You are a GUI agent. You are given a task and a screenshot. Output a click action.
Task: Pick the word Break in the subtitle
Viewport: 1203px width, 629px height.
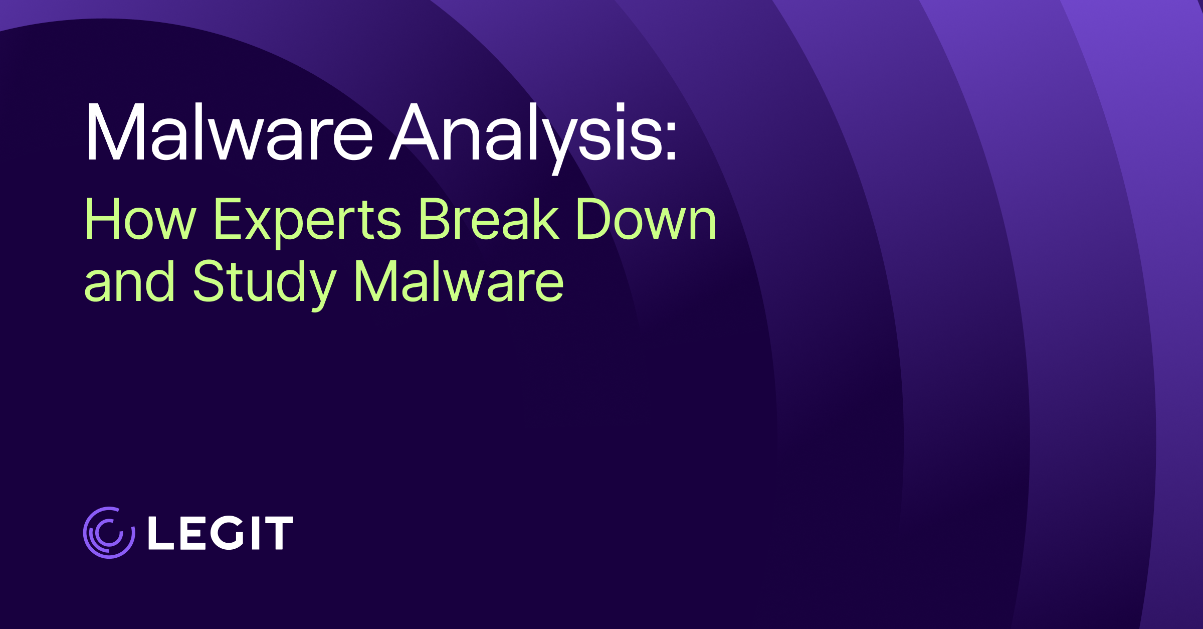tap(488, 219)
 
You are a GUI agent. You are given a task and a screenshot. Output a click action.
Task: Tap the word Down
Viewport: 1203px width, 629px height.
tap(646, 219)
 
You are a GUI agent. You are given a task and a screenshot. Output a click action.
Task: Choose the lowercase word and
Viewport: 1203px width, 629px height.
tap(129, 282)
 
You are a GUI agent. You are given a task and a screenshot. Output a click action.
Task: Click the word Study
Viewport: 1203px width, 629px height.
tap(265, 282)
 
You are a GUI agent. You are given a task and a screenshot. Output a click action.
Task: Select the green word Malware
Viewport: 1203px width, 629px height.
tap(459, 282)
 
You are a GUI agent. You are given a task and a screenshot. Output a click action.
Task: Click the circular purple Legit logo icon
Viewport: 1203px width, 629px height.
tap(109, 533)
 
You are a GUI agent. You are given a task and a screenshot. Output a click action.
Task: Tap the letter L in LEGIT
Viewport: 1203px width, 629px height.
tap(160, 533)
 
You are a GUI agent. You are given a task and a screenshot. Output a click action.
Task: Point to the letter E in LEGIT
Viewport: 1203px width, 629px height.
tap(189, 533)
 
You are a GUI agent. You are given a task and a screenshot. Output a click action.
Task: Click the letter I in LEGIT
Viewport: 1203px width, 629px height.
tap(255, 533)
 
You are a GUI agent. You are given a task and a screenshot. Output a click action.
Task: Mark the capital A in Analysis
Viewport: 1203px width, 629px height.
tap(415, 133)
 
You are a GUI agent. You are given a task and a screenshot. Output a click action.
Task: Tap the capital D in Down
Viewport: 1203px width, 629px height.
tap(592, 219)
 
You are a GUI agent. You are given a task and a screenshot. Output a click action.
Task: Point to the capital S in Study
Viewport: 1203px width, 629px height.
tap(208, 282)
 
